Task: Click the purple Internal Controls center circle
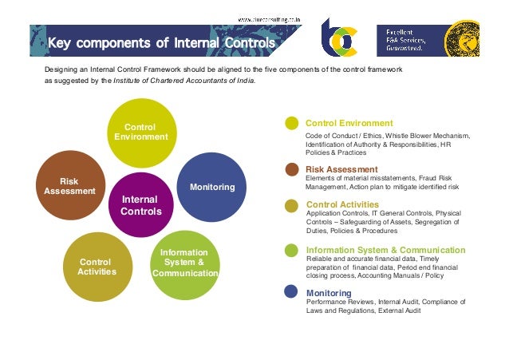point(140,205)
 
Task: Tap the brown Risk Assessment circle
point(73,185)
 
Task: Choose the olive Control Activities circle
point(95,267)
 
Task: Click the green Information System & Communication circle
point(185,262)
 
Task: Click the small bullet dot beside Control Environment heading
point(292,124)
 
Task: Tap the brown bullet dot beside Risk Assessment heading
point(292,169)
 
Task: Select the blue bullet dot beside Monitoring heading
point(292,293)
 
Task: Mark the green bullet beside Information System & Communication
point(292,250)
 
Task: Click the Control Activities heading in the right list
point(342,205)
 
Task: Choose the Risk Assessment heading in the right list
point(341,169)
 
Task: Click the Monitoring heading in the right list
point(328,293)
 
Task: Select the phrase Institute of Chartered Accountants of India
point(184,81)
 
